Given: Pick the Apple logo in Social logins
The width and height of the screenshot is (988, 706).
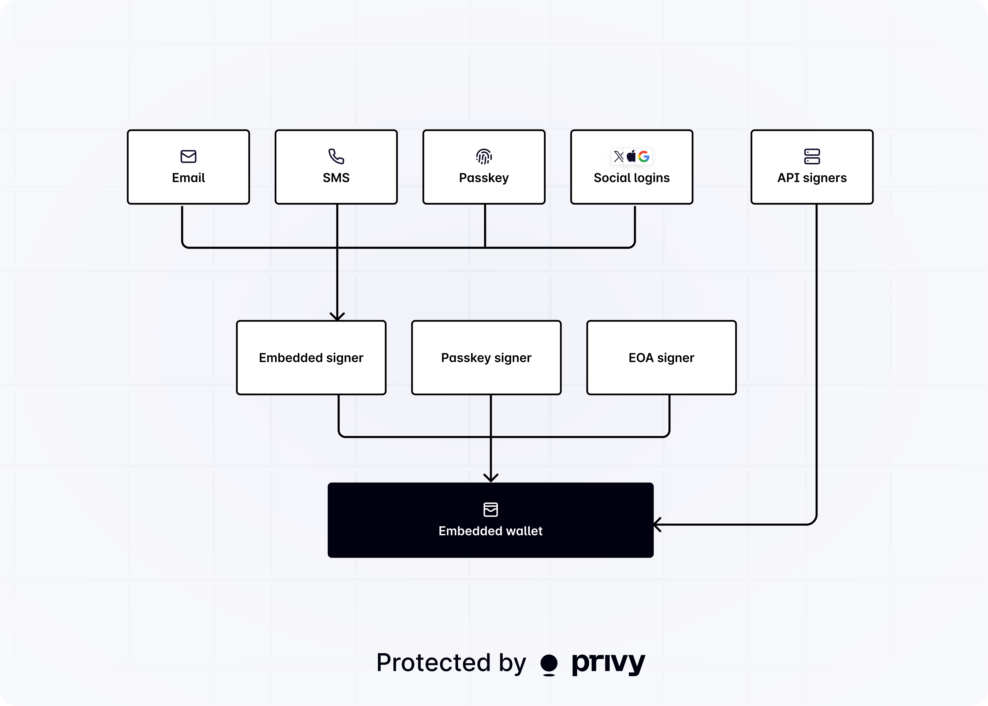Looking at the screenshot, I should pyautogui.click(x=631, y=156).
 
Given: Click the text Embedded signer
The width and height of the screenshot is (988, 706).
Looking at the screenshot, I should pyautogui.click(x=311, y=358).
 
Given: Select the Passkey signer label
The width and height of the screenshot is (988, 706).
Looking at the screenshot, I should pyautogui.click(x=486, y=358).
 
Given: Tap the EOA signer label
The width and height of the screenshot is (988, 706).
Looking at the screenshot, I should pyautogui.click(x=661, y=358).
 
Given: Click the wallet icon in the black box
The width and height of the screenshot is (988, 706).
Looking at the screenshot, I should pyautogui.click(x=491, y=509).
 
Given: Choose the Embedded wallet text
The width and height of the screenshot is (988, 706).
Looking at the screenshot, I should pyautogui.click(x=491, y=531).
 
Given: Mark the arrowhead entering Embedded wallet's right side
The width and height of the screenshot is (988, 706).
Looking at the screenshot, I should pyautogui.click(x=657, y=525).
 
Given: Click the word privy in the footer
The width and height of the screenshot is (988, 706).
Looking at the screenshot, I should pyautogui.click(x=608, y=663).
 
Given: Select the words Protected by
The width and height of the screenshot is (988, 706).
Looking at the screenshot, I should pyautogui.click(x=451, y=663).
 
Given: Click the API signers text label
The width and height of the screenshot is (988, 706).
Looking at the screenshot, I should pyautogui.click(x=812, y=178).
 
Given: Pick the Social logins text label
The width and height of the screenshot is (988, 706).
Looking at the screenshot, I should pyautogui.click(x=631, y=178).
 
